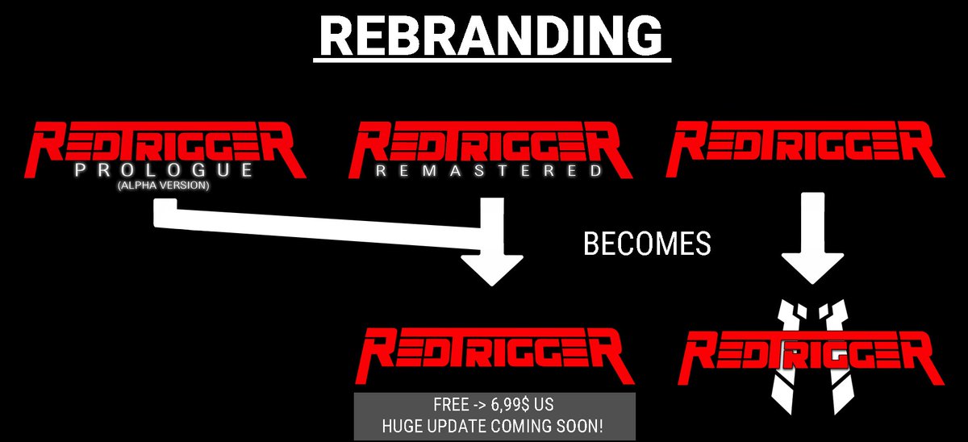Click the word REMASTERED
coord(488,171)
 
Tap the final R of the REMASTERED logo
coord(605,149)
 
